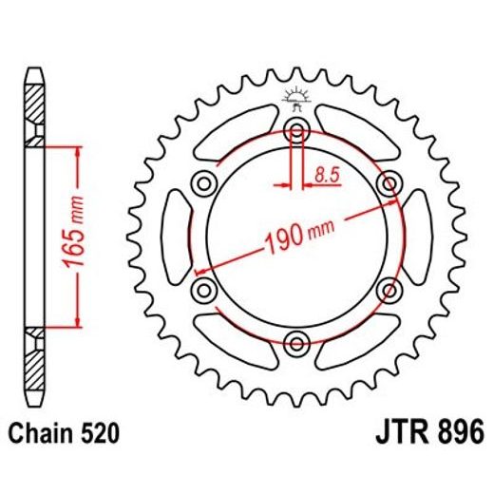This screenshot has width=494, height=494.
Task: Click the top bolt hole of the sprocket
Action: [x=295, y=130]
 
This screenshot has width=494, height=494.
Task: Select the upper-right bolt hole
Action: [x=387, y=183]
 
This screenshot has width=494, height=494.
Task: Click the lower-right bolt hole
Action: [x=387, y=289]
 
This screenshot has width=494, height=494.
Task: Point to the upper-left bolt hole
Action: [x=203, y=183]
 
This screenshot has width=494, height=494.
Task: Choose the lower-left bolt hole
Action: [x=203, y=289]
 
